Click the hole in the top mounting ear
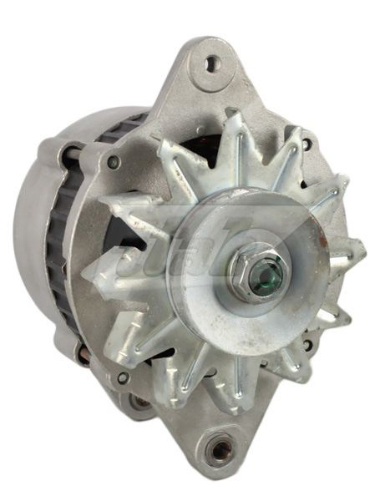(211, 62)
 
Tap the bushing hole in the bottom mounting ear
(221, 453)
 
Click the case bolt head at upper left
(113, 162)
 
